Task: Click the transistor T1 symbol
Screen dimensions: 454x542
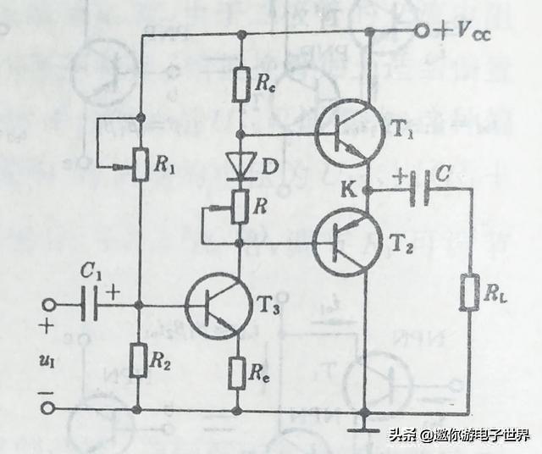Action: pos(346,132)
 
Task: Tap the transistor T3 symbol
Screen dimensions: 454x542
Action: pos(218,305)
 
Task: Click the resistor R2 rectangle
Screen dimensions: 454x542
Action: pos(141,362)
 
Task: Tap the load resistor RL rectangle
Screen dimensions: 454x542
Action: pos(468,292)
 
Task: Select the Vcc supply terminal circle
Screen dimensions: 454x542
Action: pos(421,32)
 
